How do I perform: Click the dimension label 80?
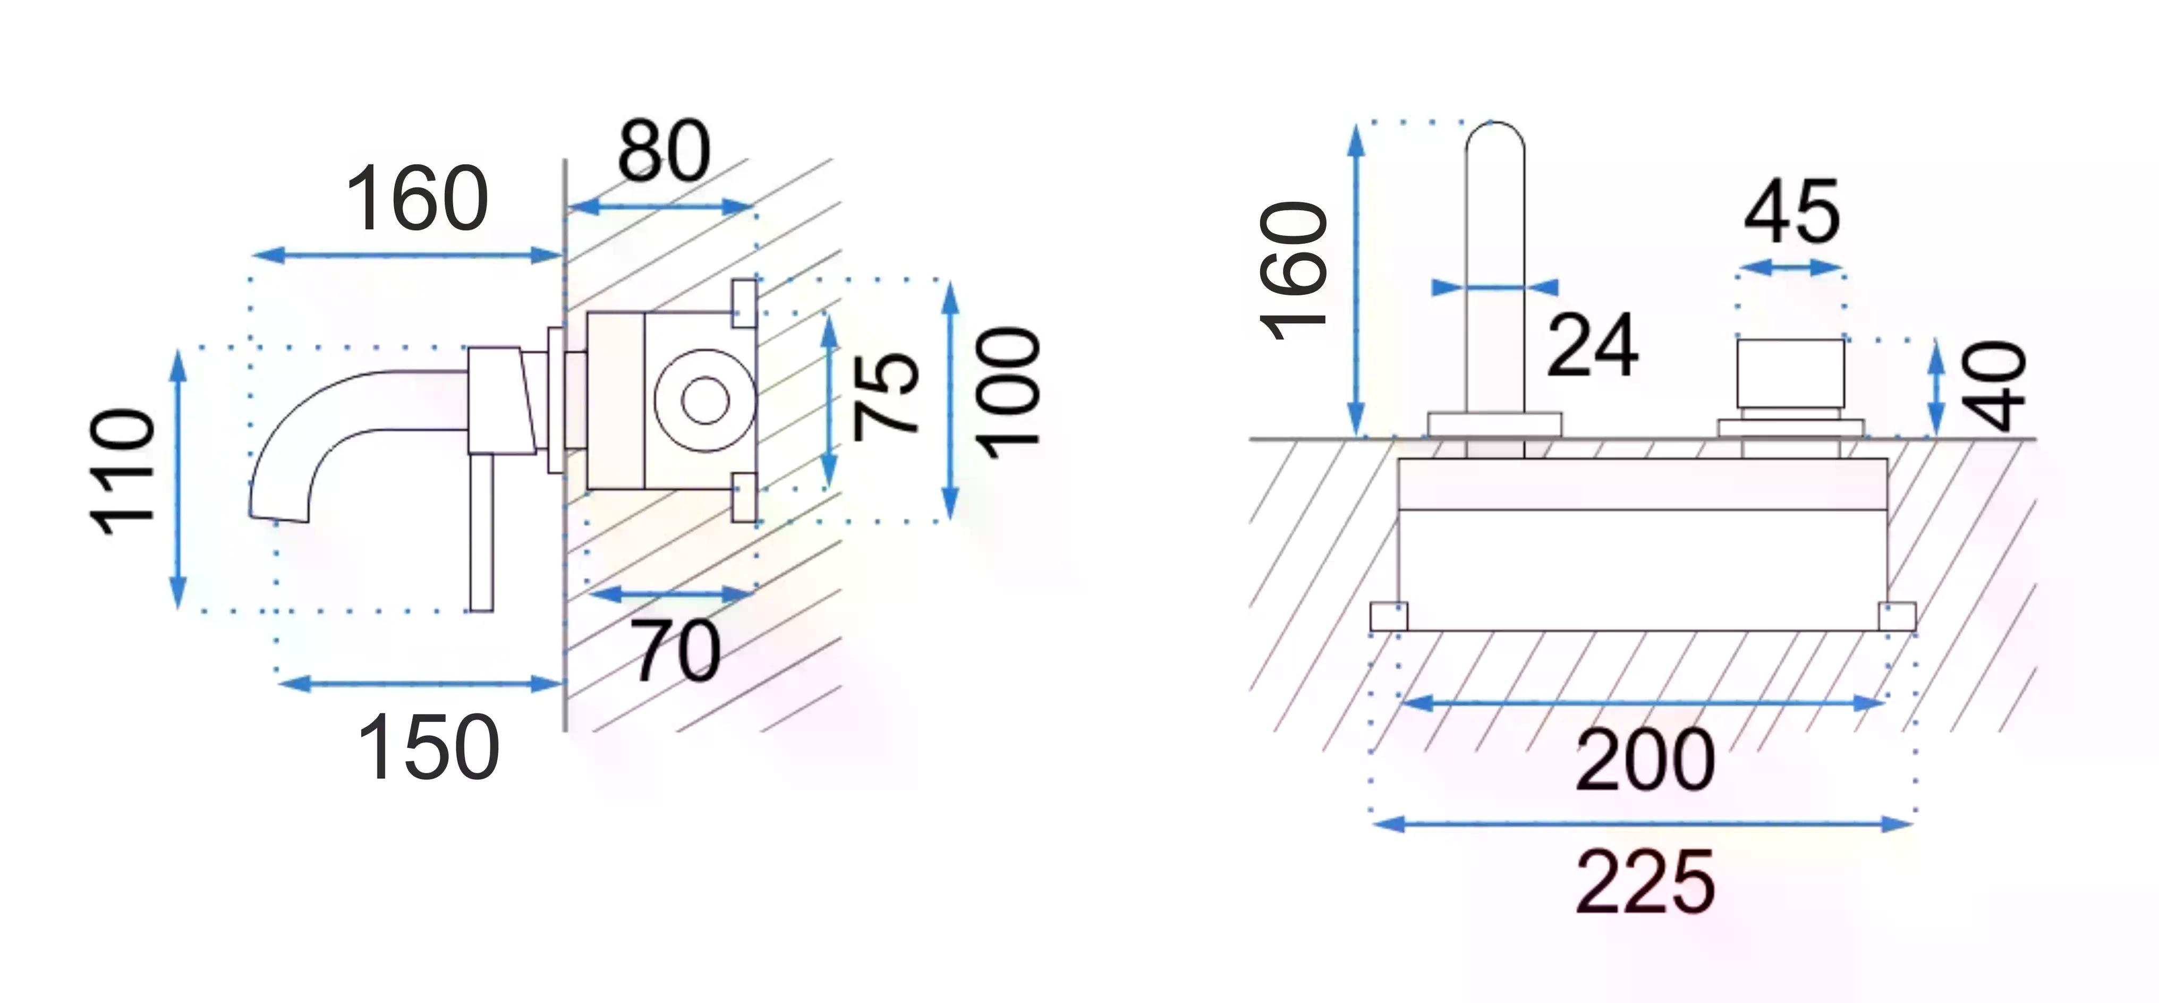[664, 151]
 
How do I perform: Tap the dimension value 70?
[677, 650]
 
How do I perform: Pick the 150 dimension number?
[428, 746]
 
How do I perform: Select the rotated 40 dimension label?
[1995, 386]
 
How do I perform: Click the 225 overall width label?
[1646, 881]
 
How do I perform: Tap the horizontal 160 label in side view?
[416, 199]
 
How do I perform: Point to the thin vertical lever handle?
[481, 533]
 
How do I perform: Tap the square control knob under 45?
[1790, 373]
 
